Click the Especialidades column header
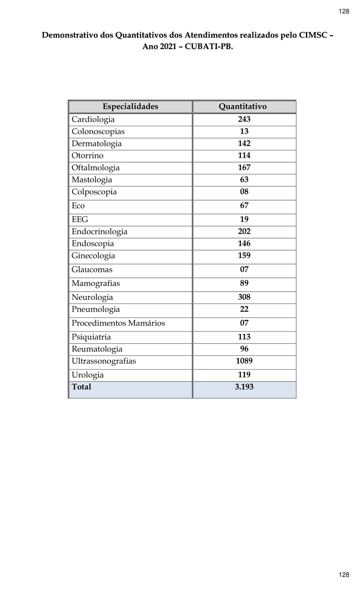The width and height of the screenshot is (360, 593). point(130,106)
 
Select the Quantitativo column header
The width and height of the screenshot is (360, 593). point(242,106)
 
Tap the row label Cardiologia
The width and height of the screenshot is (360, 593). point(93,120)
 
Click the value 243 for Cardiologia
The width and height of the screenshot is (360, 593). point(244,119)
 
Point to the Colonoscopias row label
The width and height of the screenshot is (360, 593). point(98,132)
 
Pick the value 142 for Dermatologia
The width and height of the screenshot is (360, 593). point(244,144)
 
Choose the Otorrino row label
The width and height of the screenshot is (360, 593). point(87,156)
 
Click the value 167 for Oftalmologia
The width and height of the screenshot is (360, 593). point(244,168)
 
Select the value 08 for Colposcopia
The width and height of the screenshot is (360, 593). point(244,192)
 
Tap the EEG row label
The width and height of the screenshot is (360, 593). point(80,220)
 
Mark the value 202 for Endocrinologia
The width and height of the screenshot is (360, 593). point(244,232)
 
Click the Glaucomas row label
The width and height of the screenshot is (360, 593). point(92,270)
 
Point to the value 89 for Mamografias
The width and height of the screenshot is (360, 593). point(244,283)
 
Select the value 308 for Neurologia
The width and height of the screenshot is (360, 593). point(244,297)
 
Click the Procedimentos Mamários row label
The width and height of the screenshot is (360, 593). point(118,323)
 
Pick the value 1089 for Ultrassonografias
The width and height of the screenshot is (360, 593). point(244,361)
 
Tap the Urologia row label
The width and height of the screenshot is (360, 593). point(88,375)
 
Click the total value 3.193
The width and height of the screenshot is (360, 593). point(244,387)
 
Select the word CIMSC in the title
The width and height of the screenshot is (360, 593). point(312,35)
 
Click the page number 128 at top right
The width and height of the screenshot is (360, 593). point(344,11)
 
